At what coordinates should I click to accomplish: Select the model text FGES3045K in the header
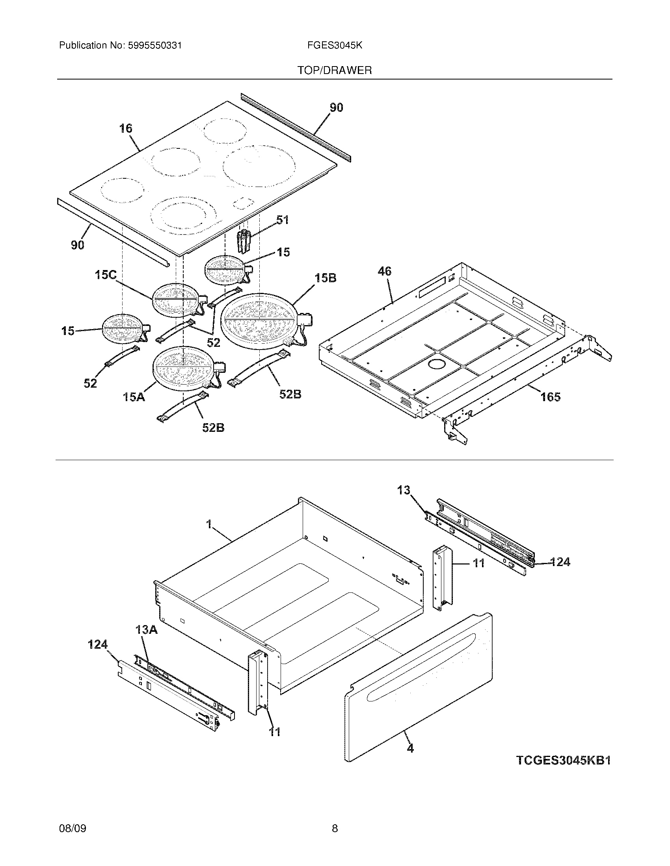click(334, 46)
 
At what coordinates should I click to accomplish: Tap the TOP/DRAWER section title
click(335, 70)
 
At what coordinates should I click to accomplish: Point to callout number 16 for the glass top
click(126, 128)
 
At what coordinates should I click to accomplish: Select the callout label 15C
click(106, 275)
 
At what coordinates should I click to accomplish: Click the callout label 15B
click(326, 278)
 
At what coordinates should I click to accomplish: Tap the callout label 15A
click(134, 396)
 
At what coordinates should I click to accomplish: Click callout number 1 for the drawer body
click(208, 524)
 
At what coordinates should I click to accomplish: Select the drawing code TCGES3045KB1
click(563, 760)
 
